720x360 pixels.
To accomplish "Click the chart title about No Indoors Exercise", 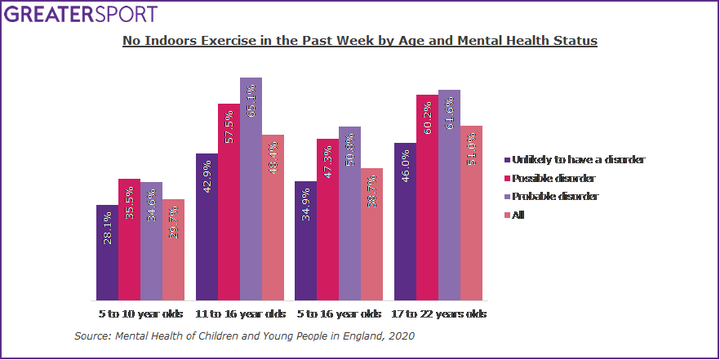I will point(360,40).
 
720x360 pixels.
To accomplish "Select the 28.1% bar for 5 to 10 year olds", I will point(107,253).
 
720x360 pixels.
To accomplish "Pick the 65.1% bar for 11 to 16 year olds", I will point(251,189).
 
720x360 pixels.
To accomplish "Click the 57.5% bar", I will point(229,202).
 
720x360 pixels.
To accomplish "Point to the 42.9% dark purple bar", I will point(207,227).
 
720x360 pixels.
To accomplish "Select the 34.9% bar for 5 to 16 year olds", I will point(306,241).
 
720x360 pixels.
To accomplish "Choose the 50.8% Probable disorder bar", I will point(349,214).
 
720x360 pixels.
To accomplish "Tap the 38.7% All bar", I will point(371,234).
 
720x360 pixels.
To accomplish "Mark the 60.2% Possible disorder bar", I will point(427,198).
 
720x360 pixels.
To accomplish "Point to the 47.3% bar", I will point(327,220).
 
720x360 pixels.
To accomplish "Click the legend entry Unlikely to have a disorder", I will point(575,160).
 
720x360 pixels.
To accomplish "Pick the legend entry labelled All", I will point(515,215).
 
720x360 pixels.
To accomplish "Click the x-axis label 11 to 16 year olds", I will point(240,313).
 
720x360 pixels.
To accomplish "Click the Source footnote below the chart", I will point(245,336).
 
